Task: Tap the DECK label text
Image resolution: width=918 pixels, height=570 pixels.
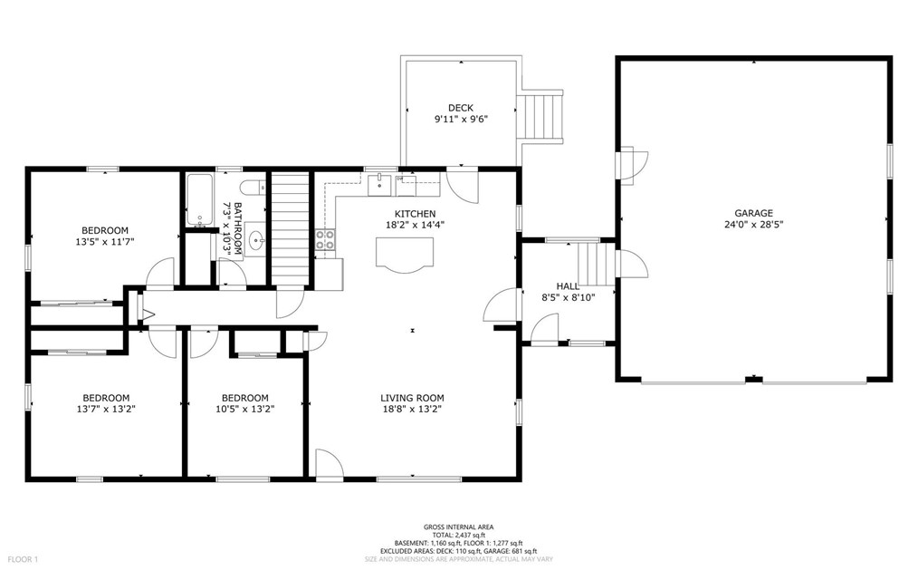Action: [x=460, y=108]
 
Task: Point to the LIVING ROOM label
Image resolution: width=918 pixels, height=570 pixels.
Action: [x=412, y=398]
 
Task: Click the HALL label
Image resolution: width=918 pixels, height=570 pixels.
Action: [x=568, y=285]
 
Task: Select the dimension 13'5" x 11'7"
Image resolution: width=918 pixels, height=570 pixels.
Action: [x=105, y=241]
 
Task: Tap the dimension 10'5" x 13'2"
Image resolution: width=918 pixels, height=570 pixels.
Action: [x=244, y=409]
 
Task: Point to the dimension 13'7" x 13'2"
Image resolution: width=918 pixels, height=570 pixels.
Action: [x=106, y=409]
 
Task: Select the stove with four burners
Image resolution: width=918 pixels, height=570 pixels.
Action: [x=325, y=240]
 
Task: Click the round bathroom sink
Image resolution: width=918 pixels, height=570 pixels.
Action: [x=257, y=241]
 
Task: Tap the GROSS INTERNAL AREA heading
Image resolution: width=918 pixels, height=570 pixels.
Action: [x=459, y=527]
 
